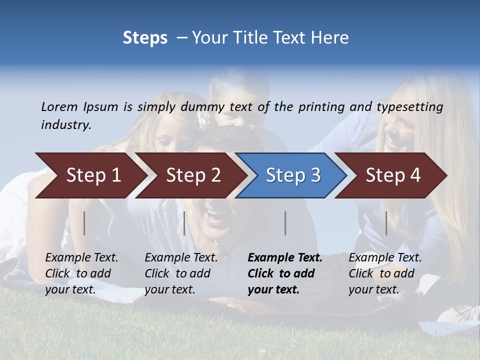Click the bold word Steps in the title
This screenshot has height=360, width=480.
145,38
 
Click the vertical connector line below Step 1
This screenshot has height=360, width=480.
84,223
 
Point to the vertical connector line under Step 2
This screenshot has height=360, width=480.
184,223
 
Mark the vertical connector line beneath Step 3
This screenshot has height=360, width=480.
285,223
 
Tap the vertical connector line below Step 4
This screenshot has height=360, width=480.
386,223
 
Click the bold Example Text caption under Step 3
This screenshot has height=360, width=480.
285,273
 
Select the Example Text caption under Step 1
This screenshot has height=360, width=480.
81,273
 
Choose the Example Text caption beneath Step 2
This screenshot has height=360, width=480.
181,273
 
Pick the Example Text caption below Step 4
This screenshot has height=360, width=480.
385,273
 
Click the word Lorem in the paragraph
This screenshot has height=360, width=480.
59,106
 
